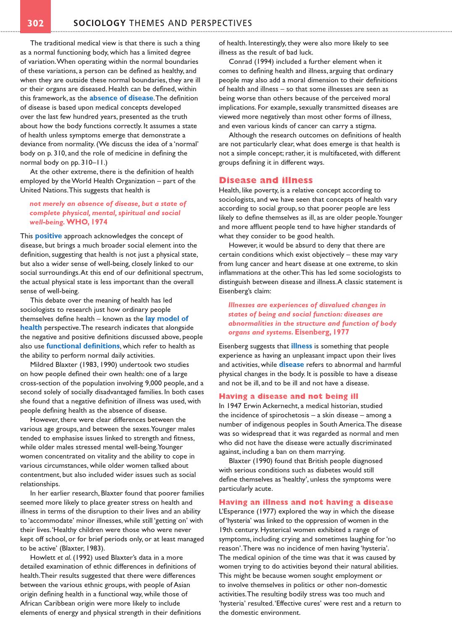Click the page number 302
pos(36,23)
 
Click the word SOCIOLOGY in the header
pos(100,23)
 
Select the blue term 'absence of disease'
pos(121,98)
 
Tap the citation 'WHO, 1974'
pos(87,222)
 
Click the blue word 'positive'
pos(48,236)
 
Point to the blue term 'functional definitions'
pos(83,346)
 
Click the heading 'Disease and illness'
pos(265,180)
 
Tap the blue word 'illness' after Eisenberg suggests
pos(301,346)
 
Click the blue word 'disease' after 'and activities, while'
pos(291,364)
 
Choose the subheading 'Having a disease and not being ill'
pos(288,396)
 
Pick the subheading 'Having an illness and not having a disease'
pos(306,502)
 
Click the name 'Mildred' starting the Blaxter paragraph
pos(43,364)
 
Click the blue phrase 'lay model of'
pos(167,319)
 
